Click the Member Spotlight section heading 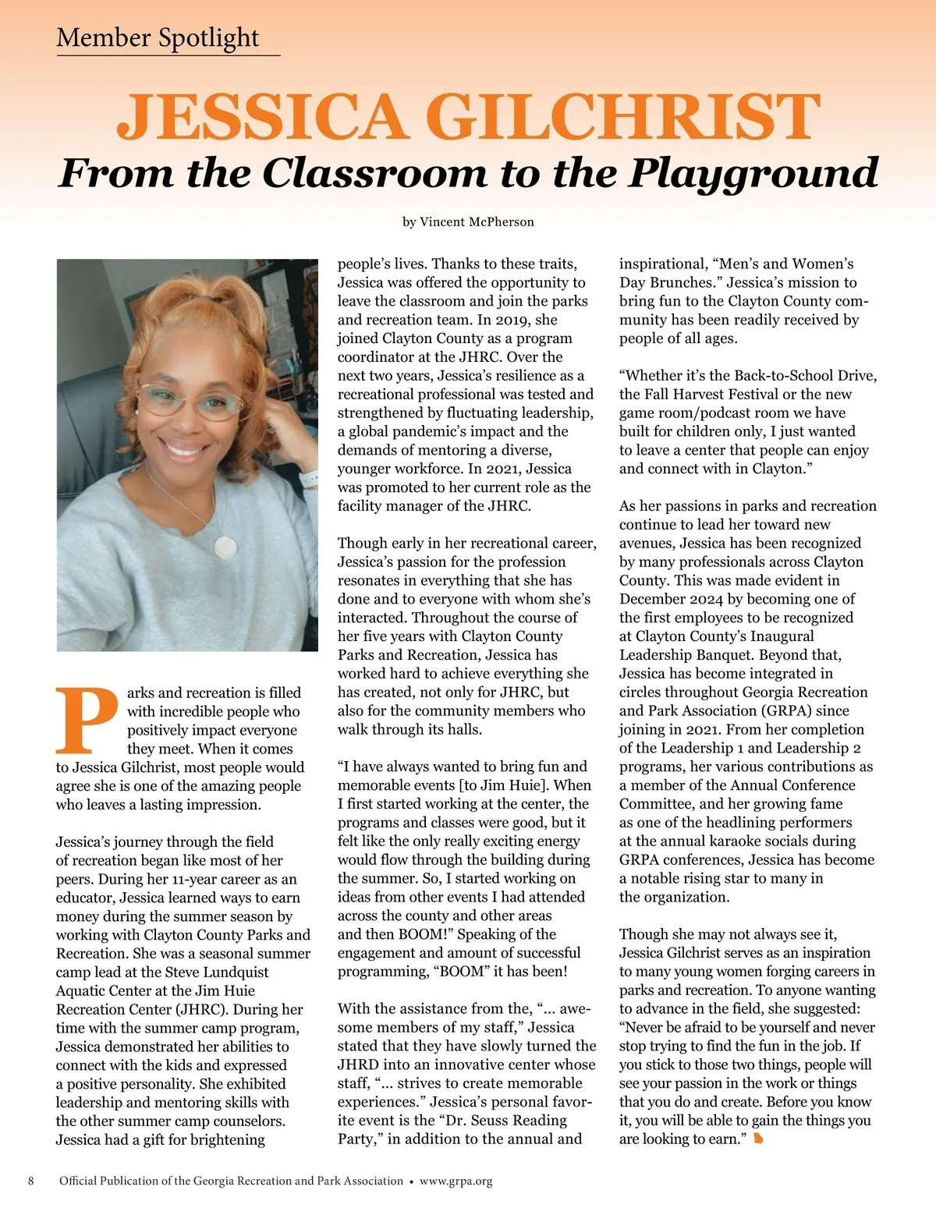(x=158, y=37)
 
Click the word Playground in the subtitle (x=753, y=173)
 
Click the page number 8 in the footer (x=31, y=1181)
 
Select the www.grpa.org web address (x=456, y=1181)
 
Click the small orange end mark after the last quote (x=758, y=1139)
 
